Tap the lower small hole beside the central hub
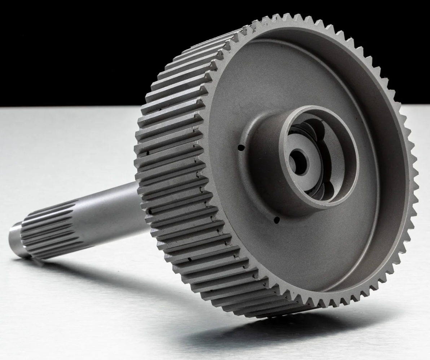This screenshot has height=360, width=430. [x=276, y=219]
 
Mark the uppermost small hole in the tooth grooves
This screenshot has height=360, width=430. [x=148, y=152]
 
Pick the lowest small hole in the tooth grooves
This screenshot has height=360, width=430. [x=189, y=259]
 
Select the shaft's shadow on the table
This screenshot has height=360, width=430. [x=108, y=274]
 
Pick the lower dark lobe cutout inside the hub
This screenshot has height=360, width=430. [x=317, y=191]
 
